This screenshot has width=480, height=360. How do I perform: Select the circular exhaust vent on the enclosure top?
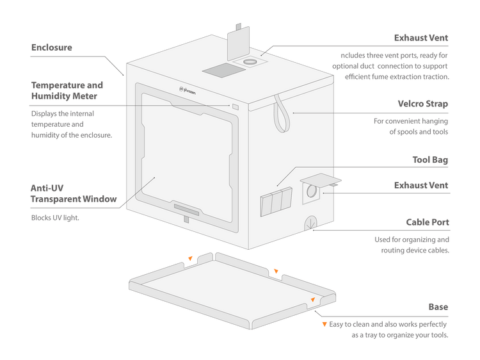click(250, 62)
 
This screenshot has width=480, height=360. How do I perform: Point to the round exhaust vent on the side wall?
click(312, 191)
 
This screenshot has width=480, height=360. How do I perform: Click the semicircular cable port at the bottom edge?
click(310, 222)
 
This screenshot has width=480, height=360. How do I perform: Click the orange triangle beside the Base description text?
click(324, 324)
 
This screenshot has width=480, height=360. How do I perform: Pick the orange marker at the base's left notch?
click(189, 259)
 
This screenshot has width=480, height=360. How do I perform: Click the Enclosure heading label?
click(52, 47)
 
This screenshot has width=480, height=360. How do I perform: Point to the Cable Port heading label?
click(427, 223)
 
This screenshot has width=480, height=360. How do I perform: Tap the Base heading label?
click(438, 307)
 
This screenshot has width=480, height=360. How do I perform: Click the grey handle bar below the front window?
click(186, 210)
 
